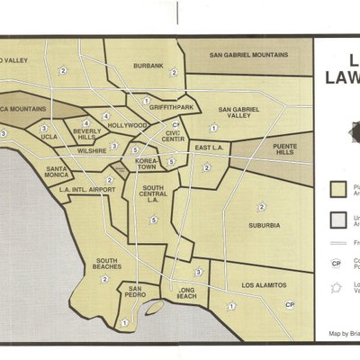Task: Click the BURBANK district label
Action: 148,66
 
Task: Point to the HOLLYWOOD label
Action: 127,125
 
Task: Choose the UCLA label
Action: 49,137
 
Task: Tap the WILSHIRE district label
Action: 93,151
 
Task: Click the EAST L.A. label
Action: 208,147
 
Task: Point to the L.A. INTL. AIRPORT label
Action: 86,190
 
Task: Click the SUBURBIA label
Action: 262,225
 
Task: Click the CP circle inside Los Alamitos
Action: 289,305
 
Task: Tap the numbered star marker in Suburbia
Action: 262,207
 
